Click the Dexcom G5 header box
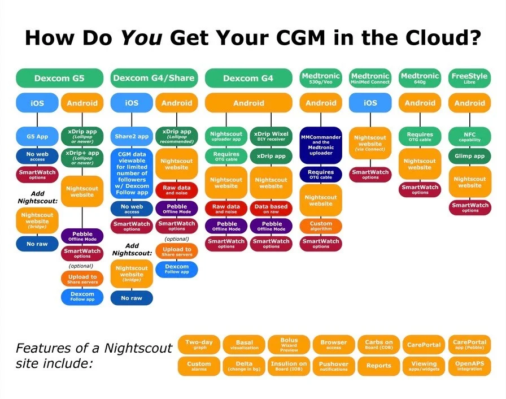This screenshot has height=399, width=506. click(x=59, y=78)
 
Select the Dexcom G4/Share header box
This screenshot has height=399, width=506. click(x=154, y=78)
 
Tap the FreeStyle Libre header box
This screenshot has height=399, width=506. click(x=470, y=78)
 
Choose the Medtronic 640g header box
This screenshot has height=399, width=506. click(x=420, y=78)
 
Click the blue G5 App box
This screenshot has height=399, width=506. click(x=37, y=136)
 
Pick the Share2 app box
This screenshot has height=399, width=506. click(x=132, y=136)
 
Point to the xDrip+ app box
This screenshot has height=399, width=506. click(x=82, y=157)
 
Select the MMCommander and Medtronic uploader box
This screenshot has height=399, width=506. click(x=321, y=146)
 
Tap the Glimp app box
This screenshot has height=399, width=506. click(x=470, y=157)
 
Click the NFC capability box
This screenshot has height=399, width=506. click(x=470, y=137)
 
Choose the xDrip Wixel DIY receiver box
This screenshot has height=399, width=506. click(x=271, y=136)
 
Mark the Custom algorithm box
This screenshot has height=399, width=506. click(x=321, y=226)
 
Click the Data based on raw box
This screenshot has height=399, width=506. click(x=271, y=209)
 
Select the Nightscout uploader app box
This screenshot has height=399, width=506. click(x=226, y=136)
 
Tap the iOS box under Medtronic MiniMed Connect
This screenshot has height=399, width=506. click(x=370, y=103)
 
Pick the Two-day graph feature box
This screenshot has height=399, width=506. click(x=199, y=344)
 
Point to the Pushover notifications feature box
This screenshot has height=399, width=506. click(x=334, y=366)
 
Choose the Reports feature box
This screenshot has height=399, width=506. click(x=379, y=366)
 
